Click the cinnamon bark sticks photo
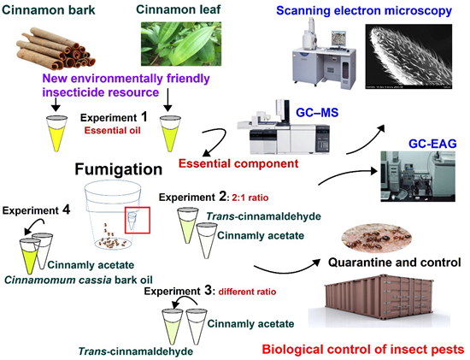[56, 48]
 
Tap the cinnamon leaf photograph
[181, 44]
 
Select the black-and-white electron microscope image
[408, 56]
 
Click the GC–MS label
[317, 113]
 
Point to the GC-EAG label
[432, 144]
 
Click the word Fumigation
[119, 169]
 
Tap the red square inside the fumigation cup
[138, 220]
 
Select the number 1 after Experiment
[144, 116]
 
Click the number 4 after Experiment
[66, 210]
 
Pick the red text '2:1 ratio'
[250, 198]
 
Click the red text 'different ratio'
[247, 292]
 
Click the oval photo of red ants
[376, 237]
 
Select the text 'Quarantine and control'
[395, 263]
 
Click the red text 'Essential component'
[238, 163]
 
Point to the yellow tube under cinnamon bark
[56, 133]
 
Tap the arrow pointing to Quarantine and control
[286, 269]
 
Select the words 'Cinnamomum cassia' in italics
[57, 280]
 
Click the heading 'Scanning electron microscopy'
[364, 10]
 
